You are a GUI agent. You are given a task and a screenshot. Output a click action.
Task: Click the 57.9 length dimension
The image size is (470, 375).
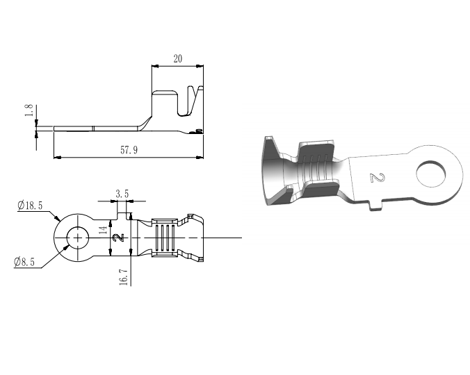point(129,149)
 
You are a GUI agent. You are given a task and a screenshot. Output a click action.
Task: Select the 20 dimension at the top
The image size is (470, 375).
point(178,58)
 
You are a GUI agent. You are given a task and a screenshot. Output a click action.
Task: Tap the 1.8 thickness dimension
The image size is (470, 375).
point(29,110)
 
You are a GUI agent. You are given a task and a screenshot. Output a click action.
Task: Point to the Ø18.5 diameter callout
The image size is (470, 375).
point(30,206)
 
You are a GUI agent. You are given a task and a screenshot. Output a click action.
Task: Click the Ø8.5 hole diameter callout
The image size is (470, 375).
point(24,262)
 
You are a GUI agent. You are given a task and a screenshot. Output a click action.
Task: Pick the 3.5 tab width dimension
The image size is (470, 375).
point(122,194)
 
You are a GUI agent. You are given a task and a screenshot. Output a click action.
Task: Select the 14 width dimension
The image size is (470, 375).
point(103,230)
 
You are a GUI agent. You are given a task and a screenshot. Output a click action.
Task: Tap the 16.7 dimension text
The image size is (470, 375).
point(124,276)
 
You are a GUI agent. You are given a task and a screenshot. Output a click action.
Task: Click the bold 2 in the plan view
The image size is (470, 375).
point(119,238)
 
